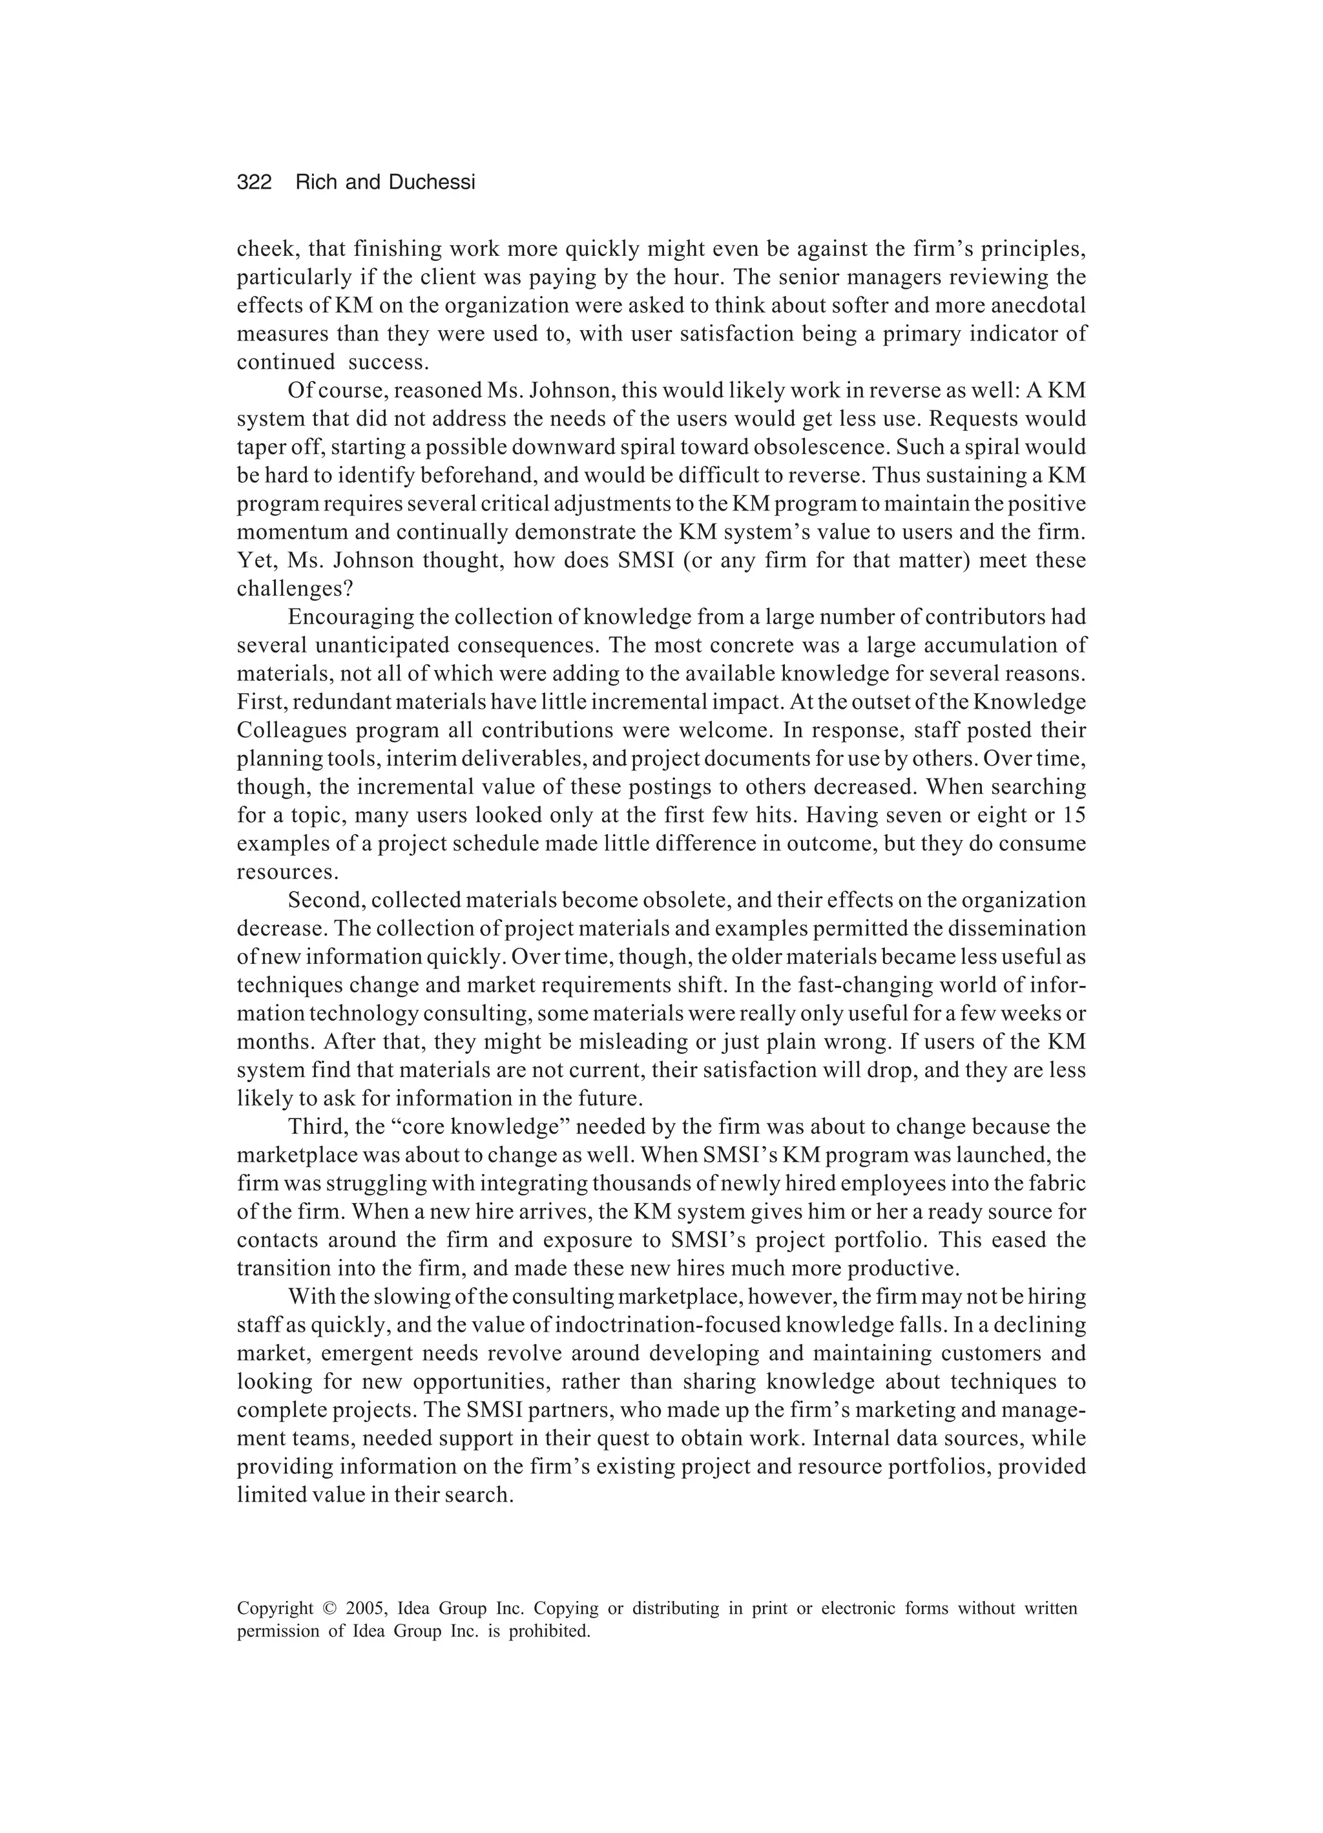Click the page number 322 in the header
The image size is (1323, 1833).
(x=254, y=183)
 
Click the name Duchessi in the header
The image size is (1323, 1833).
(x=432, y=183)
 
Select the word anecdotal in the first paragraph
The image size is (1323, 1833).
(x=1036, y=306)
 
